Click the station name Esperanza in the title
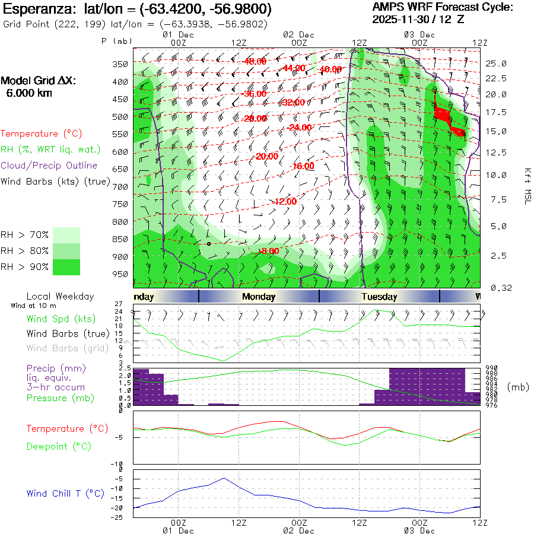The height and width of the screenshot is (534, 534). (x=36, y=9)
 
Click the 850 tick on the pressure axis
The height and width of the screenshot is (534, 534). (x=120, y=239)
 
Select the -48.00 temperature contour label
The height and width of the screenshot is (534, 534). (x=255, y=62)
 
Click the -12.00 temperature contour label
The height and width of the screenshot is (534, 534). (x=284, y=202)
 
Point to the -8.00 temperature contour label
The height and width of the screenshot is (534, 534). (x=268, y=251)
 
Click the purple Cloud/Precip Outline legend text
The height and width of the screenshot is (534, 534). (x=49, y=166)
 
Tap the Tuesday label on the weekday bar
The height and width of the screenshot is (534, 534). (x=379, y=297)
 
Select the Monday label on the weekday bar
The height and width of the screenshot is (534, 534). (x=259, y=297)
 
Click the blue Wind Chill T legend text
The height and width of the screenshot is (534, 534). (x=65, y=493)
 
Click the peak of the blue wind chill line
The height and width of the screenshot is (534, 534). (x=224, y=478)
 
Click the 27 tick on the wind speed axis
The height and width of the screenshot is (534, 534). (x=126, y=304)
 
